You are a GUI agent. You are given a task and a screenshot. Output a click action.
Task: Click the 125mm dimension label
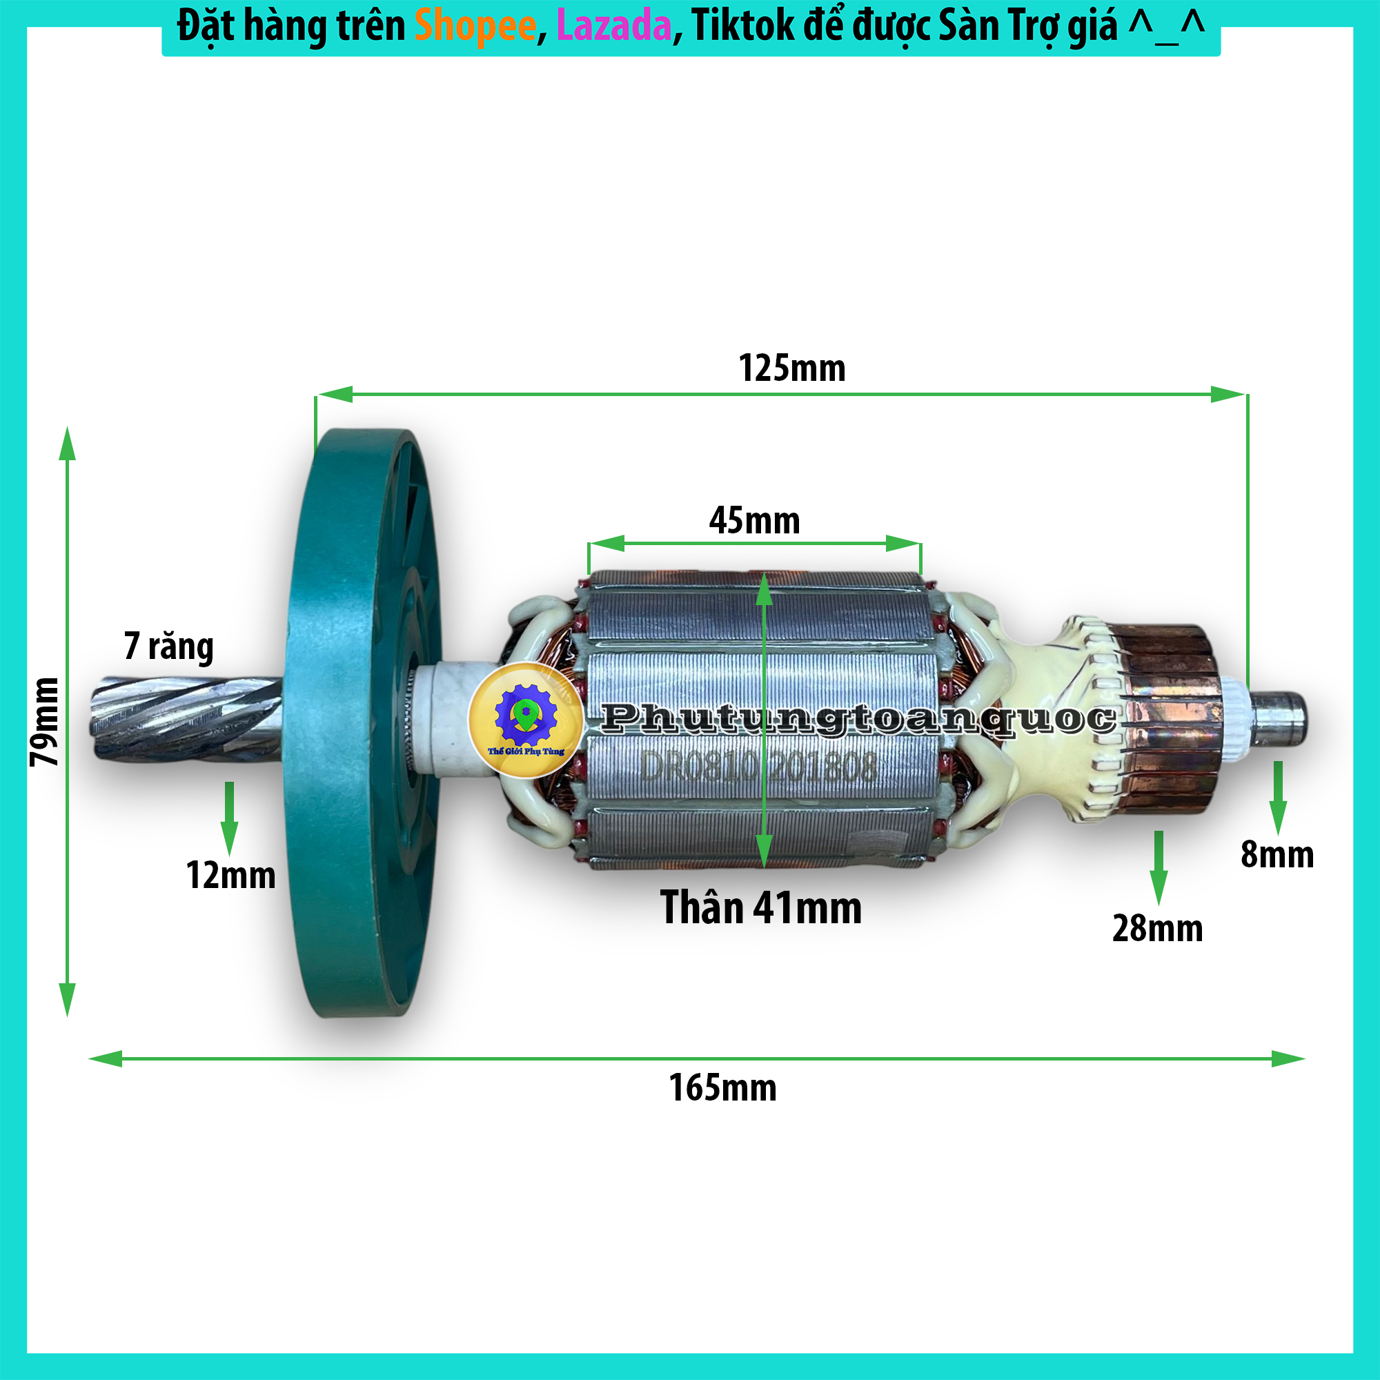[791, 368]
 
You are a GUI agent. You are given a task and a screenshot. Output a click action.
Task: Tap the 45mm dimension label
[754, 521]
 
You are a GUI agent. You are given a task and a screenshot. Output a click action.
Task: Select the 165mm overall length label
[722, 1089]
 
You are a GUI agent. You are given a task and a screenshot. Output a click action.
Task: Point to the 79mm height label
[44, 722]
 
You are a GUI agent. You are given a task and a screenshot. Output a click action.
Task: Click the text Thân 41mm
[760, 908]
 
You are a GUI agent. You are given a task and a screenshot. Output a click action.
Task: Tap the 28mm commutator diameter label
[1157, 929]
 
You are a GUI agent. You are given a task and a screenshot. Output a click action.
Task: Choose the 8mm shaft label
[1277, 854]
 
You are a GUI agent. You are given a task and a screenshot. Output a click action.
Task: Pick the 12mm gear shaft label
[230, 875]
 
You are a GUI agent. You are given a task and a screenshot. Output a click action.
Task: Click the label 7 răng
[168, 647]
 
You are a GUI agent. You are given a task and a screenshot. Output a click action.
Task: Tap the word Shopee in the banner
[475, 26]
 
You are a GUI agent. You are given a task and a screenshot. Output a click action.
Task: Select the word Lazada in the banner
[613, 26]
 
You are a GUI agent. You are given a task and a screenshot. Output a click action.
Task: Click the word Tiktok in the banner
[743, 26]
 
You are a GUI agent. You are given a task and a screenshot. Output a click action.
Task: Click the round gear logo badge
[526, 719]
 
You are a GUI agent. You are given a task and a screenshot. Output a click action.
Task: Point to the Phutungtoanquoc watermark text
[857, 718]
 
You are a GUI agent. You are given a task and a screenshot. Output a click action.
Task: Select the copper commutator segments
[1164, 718]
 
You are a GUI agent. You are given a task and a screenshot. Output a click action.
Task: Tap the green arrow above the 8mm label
[1277, 796]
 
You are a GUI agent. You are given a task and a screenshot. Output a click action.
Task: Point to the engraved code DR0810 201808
[758, 768]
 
